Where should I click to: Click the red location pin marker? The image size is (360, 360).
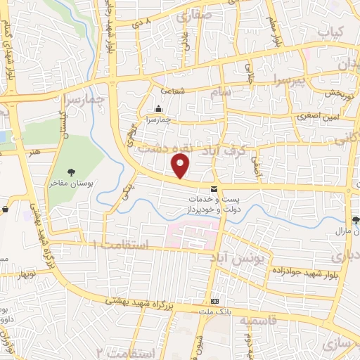pyautogui.click(x=181, y=165)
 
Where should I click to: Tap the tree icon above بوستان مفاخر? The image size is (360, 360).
pyautogui.click(x=72, y=172)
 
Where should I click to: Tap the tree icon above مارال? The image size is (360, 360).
pyautogui.click(x=356, y=219)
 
